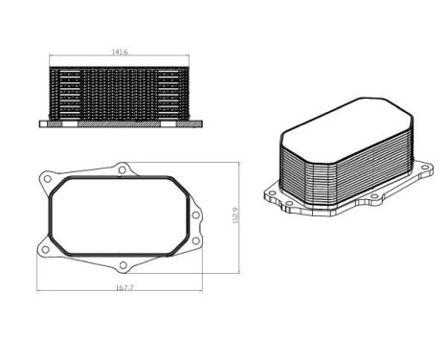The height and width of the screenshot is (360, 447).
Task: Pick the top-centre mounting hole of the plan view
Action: (122, 169)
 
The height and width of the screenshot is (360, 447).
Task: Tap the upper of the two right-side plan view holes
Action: (194, 214)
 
